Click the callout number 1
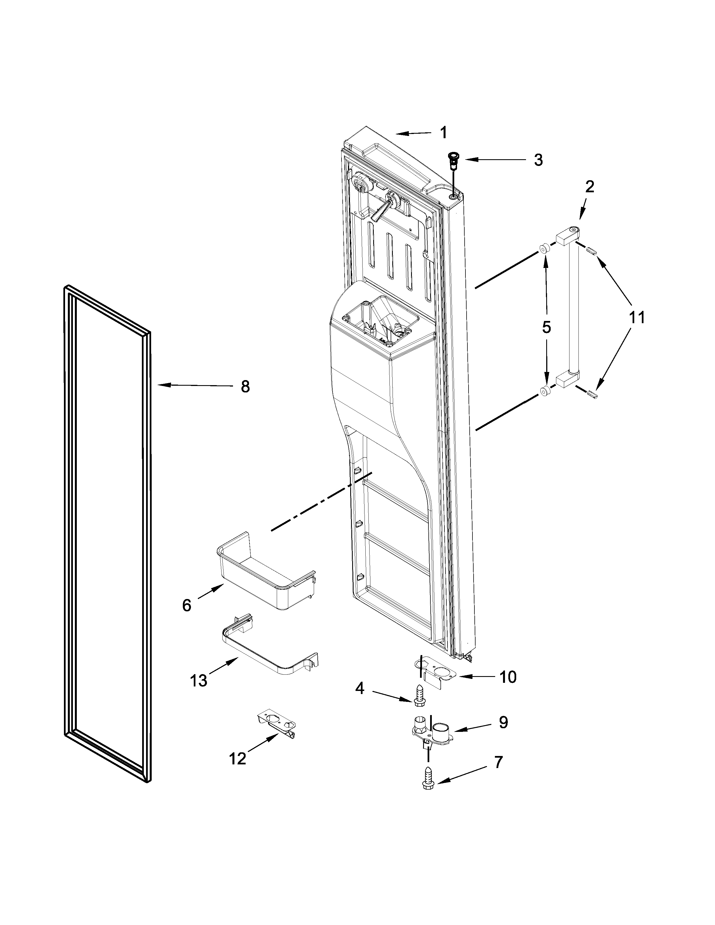443,133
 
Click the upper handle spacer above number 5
544,249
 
